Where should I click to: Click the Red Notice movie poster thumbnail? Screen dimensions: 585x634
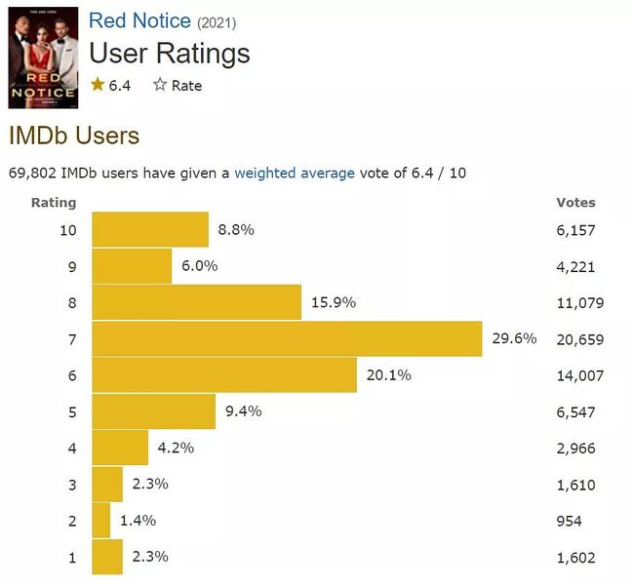click(43, 58)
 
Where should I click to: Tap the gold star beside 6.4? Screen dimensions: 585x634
click(97, 85)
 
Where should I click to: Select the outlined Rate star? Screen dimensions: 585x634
click(160, 85)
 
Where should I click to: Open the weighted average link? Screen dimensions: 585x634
click(295, 173)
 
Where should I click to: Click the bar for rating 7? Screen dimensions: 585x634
click(287, 338)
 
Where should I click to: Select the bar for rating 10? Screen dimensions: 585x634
click(150, 230)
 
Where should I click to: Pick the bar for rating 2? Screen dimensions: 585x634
click(101, 520)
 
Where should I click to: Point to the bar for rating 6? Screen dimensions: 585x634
click(224, 375)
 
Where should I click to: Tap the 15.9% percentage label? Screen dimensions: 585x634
click(335, 302)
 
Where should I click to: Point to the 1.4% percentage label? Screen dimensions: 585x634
click(138, 521)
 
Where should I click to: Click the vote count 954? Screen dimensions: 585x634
click(569, 521)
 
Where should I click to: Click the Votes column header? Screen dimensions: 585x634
click(575, 203)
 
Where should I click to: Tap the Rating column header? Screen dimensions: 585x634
click(54, 203)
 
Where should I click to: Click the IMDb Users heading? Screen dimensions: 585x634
click(74, 136)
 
